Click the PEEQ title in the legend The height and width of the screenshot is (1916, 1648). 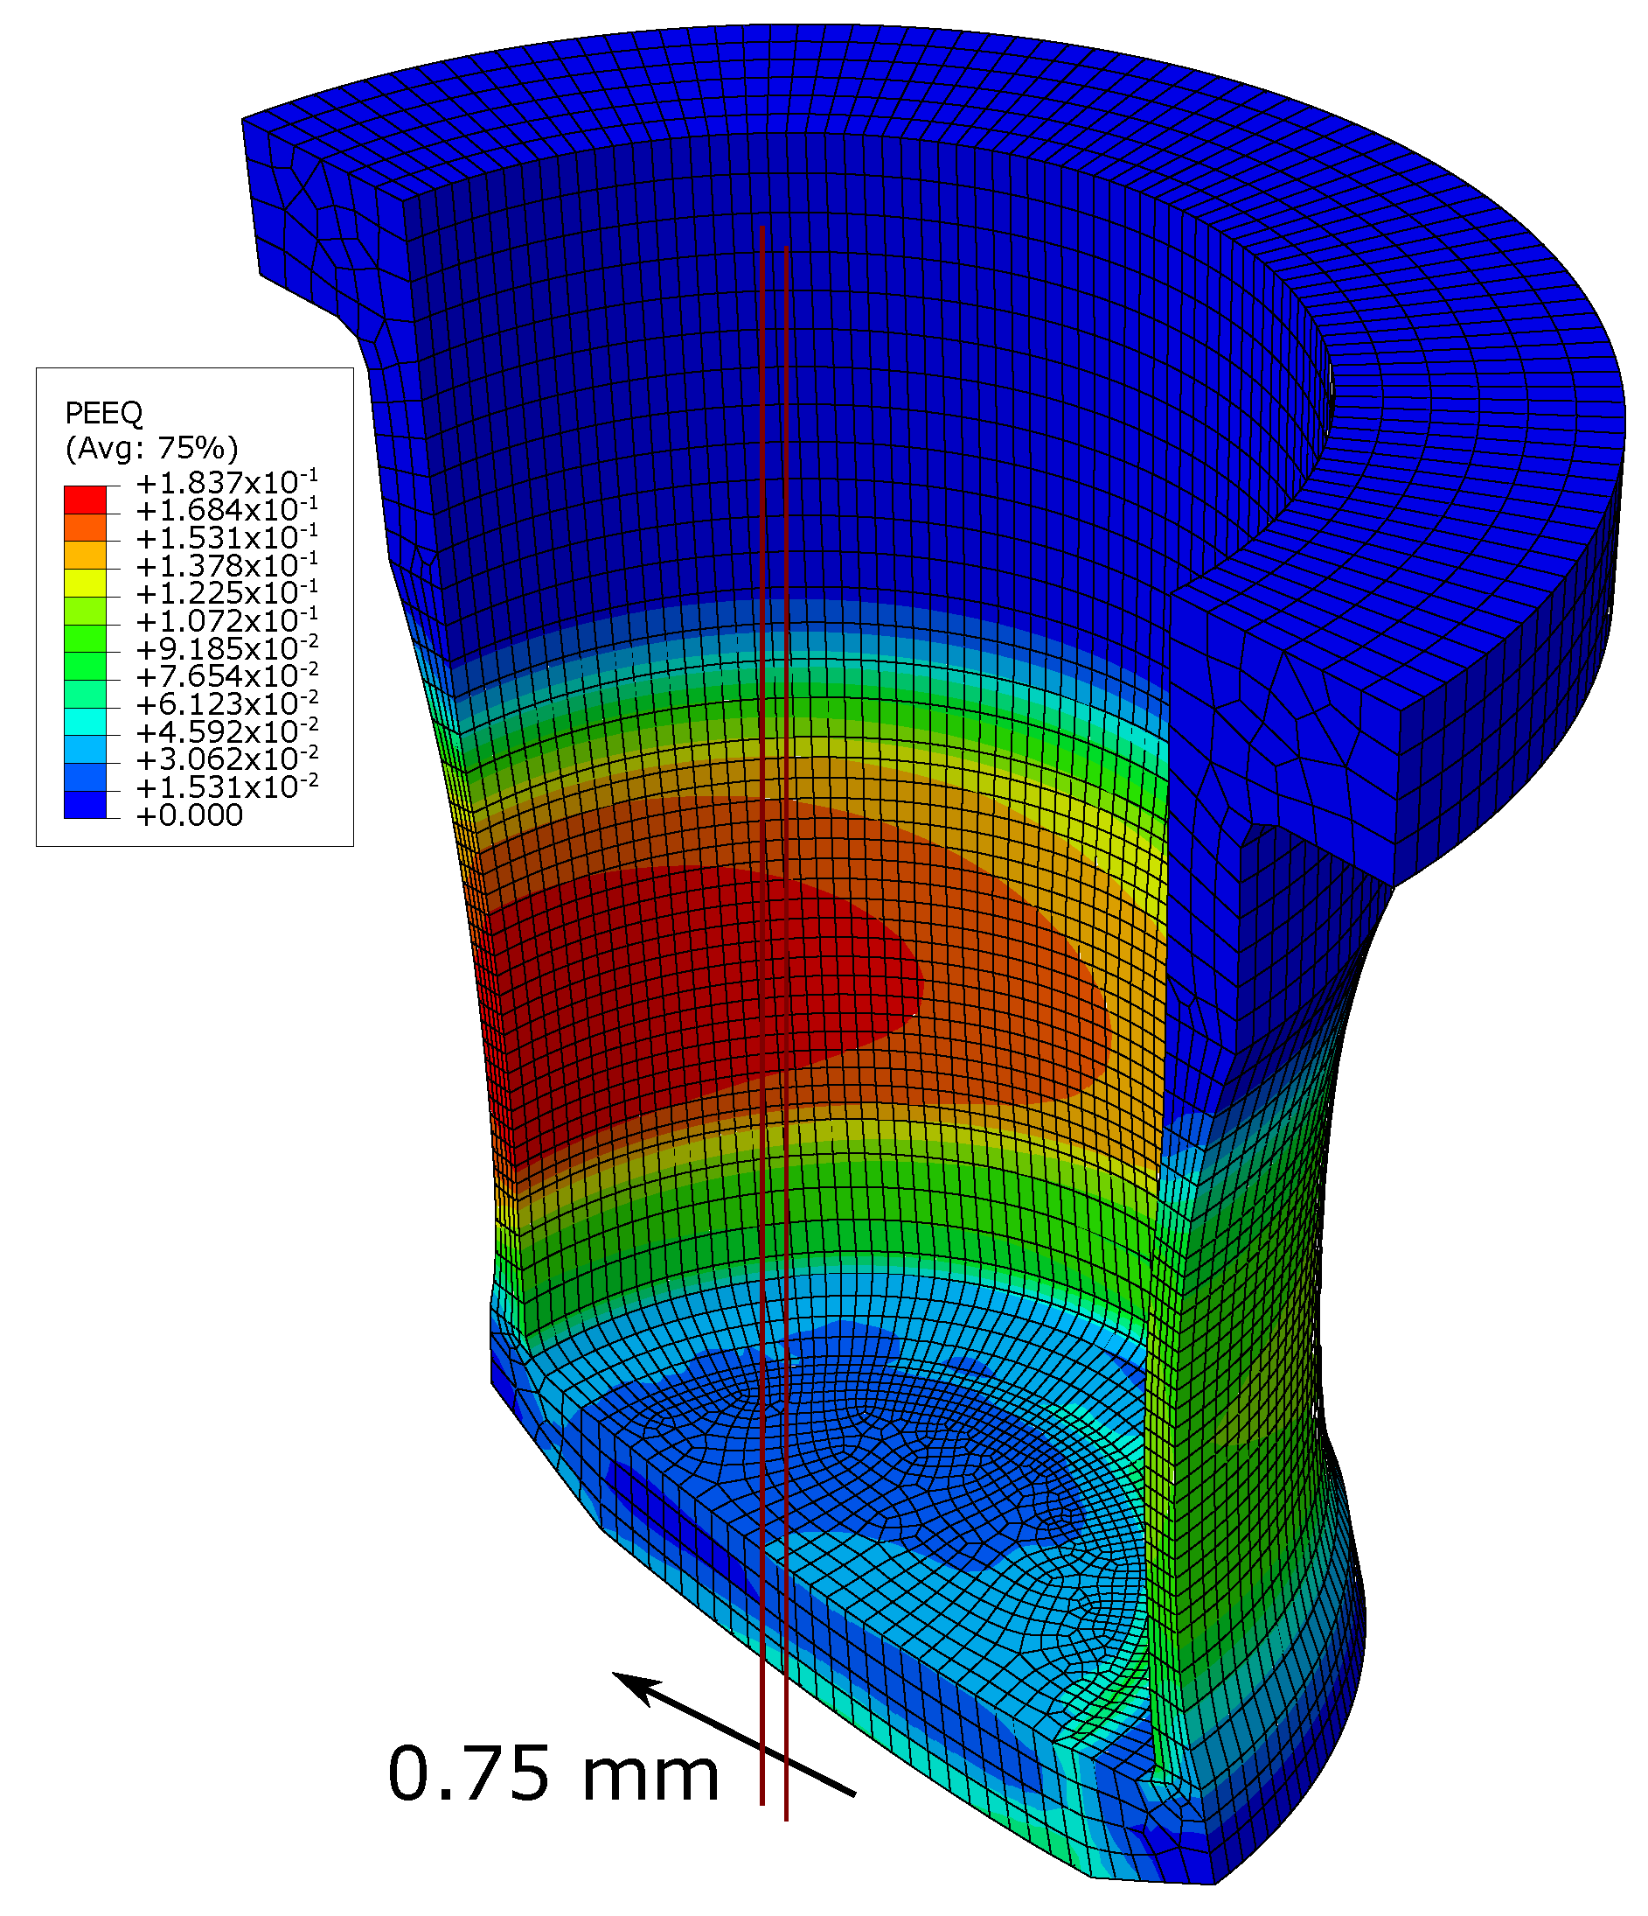click(x=103, y=412)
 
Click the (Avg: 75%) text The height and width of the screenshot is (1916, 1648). click(x=151, y=449)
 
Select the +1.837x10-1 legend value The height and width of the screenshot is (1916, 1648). click(x=226, y=483)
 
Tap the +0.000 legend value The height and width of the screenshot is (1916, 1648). click(x=190, y=815)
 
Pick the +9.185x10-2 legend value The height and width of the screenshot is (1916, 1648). click(x=226, y=649)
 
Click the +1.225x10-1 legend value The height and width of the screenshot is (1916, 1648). click(x=226, y=594)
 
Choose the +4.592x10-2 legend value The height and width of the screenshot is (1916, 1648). click(x=226, y=732)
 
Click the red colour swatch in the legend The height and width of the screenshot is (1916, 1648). click(x=85, y=500)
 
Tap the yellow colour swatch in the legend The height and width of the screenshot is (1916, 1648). click(x=85, y=584)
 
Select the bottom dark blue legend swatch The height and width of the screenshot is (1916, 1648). click(x=85, y=806)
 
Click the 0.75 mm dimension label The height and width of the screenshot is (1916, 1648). click(x=553, y=1773)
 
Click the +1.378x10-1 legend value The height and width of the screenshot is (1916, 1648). click(x=226, y=566)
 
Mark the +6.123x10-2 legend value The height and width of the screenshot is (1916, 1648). click(x=226, y=704)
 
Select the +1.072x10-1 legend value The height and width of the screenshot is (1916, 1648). click(x=226, y=621)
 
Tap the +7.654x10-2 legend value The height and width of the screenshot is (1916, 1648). click(x=226, y=677)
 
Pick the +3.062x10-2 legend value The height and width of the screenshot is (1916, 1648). click(x=226, y=760)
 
